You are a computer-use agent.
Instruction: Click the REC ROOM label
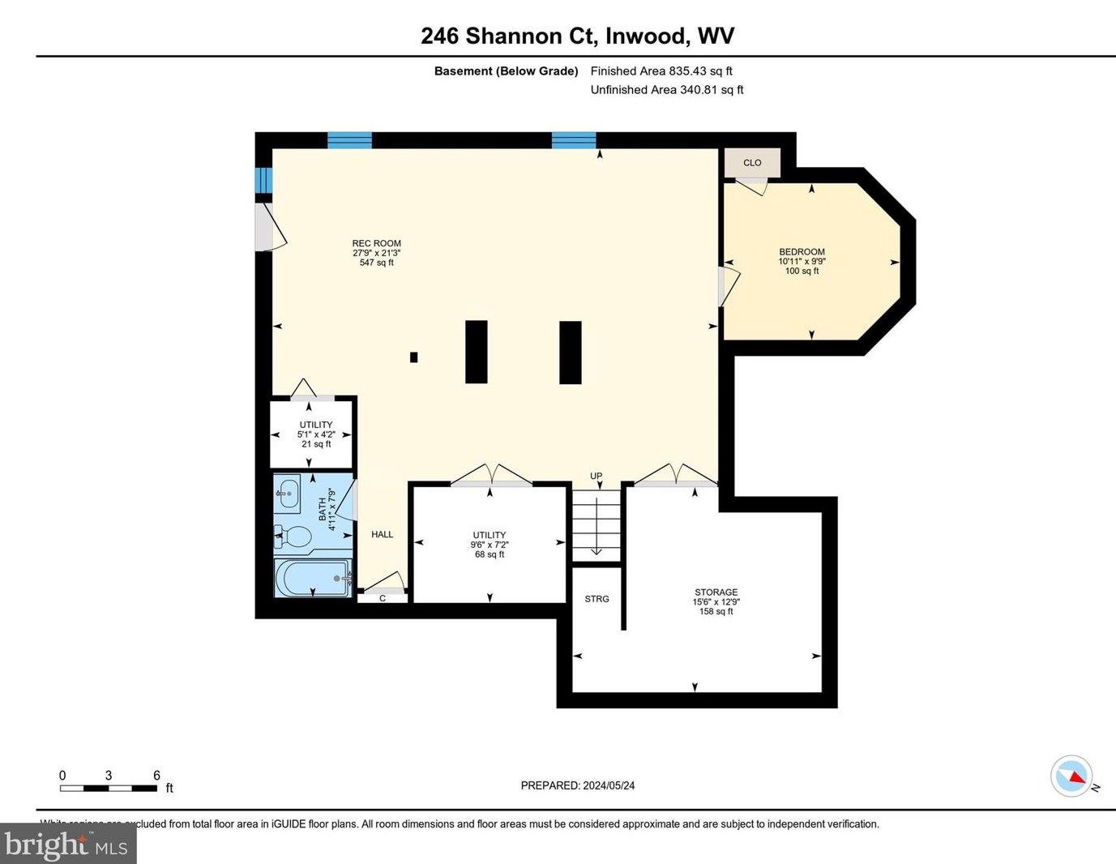(x=376, y=243)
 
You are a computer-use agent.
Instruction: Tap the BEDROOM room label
(x=802, y=252)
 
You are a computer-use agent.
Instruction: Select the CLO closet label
(x=752, y=163)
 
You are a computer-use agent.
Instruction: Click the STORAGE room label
(x=716, y=592)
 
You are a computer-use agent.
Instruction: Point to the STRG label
(x=596, y=599)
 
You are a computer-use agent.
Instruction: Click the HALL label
(x=382, y=534)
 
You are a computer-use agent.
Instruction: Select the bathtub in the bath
(x=312, y=578)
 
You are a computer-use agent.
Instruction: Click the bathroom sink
(x=288, y=491)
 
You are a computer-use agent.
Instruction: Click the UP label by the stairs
(x=596, y=476)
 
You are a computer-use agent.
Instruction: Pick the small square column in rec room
(x=413, y=357)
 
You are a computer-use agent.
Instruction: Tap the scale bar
(x=109, y=788)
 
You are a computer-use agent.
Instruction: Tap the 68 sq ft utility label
(x=490, y=554)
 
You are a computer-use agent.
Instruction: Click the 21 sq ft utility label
(x=316, y=444)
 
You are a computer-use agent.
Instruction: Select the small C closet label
(x=383, y=598)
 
